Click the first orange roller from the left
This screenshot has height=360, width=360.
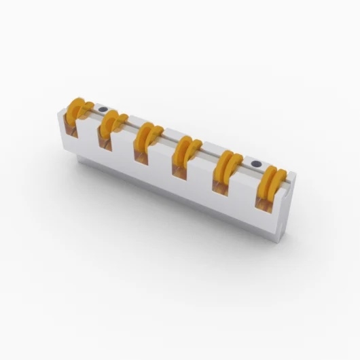point(77,109)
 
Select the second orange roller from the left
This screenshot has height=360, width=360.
point(111,122)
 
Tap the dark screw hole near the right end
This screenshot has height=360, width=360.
point(256,164)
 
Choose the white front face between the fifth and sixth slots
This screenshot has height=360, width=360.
point(242,204)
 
